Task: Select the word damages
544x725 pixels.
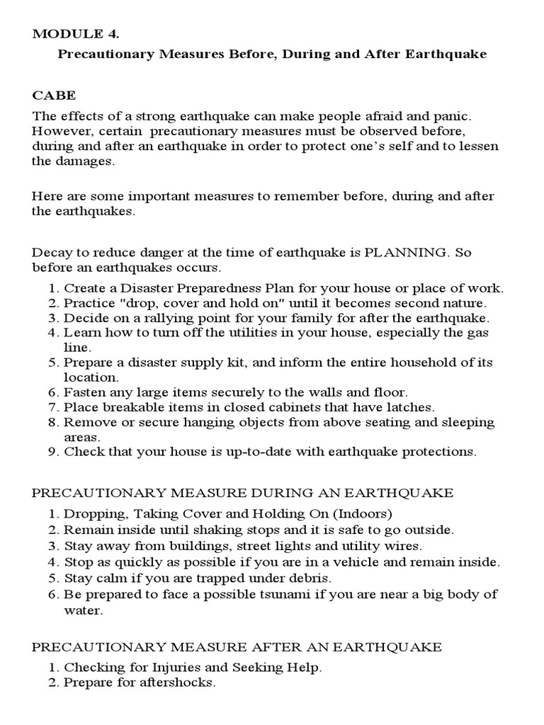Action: click(85, 161)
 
